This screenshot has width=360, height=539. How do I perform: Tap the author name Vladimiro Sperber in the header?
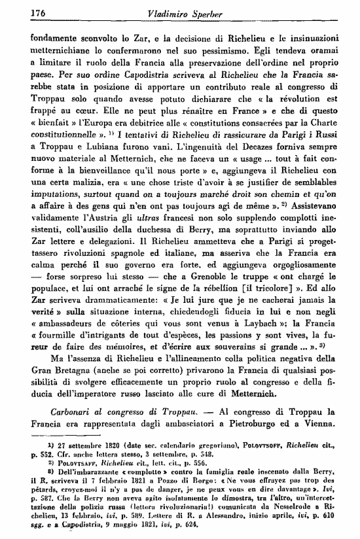[181, 12]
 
